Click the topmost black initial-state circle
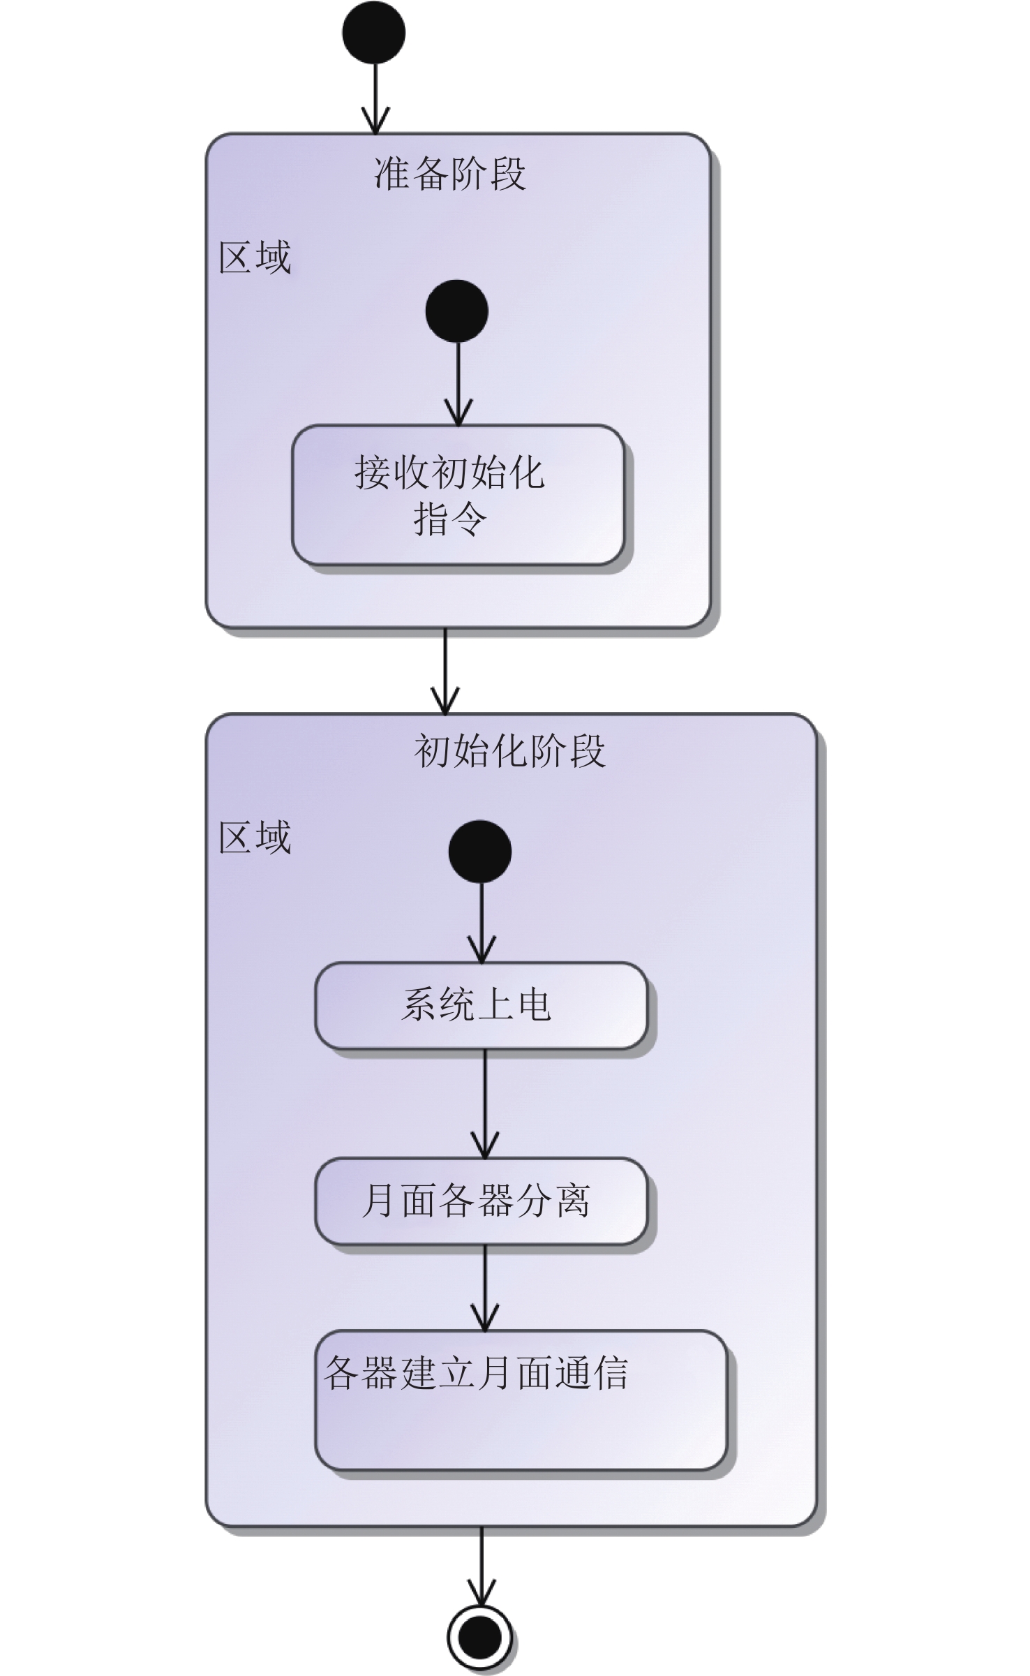[373, 33]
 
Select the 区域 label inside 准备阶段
[255, 258]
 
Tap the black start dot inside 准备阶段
[456, 311]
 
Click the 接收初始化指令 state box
[457, 495]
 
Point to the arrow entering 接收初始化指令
[458, 384]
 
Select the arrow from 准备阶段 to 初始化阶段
[445, 670]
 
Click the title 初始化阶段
[509, 751]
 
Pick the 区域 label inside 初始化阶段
[255, 837]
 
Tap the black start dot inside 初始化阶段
[480, 852]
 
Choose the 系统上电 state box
[481, 1005]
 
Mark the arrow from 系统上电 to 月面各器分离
[484, 1103]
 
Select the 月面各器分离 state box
[481, 1201]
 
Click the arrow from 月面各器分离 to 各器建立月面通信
[484, 1287]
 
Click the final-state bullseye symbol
[479, 1637]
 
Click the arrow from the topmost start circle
[375, 98]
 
